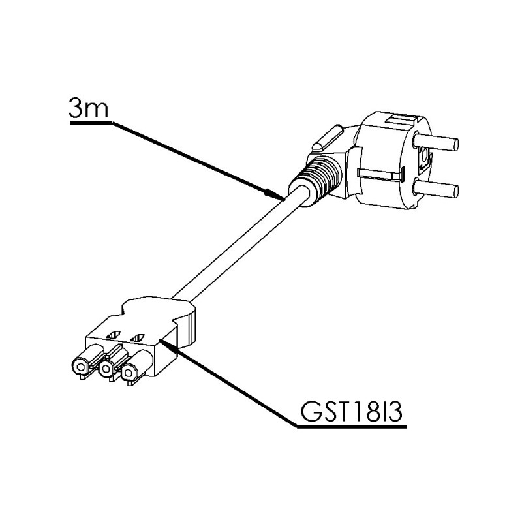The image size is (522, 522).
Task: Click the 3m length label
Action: coord(89,108)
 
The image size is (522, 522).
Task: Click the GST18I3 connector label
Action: coord(351,411)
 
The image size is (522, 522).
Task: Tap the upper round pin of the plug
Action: coord(435,142)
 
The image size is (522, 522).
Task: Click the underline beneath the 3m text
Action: coord(91,123)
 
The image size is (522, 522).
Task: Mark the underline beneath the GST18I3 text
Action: coord(352,427)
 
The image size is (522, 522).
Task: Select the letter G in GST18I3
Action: coord(309,411)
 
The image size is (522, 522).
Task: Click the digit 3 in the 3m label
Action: coord(76,108)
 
